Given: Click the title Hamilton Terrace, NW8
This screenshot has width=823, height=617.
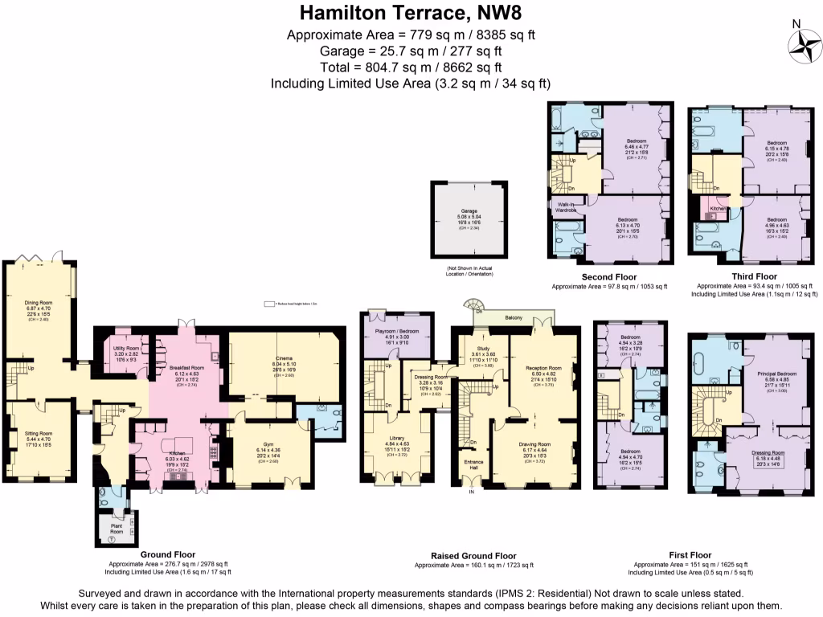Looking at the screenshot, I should [x=411, y=13].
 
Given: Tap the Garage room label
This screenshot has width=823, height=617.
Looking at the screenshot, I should [x=469, y=210].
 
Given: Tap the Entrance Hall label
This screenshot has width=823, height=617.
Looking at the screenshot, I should [x=472, y=464].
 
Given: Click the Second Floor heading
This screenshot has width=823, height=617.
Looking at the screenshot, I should [x=605, y=276].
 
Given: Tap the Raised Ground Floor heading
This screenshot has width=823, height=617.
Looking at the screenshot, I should [x=473, y=556].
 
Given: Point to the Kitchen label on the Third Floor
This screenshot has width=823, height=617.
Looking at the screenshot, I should [x=718, y=208].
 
